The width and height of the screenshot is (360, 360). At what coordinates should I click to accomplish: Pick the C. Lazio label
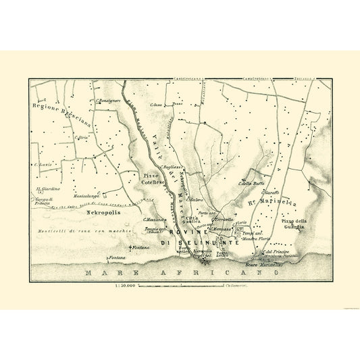tap(40, 164)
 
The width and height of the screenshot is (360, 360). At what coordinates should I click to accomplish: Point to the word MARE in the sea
tap(100, 273)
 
